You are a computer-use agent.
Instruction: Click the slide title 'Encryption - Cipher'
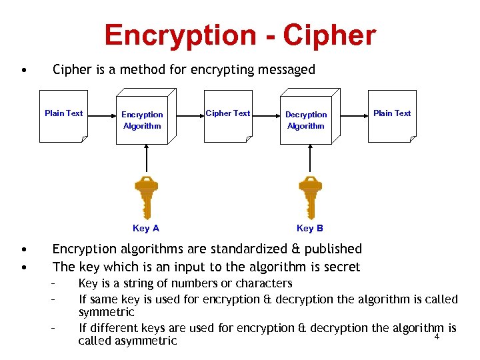coord(240,35)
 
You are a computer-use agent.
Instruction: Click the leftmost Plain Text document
coord(64,117)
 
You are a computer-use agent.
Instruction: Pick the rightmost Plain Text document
coord(392,117)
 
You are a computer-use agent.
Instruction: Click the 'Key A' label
coord(146,228)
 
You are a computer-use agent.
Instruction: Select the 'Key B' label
coord(309,228)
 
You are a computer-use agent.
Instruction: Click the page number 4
coord(437,337)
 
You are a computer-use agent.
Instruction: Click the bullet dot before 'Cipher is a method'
coord(23,69)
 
